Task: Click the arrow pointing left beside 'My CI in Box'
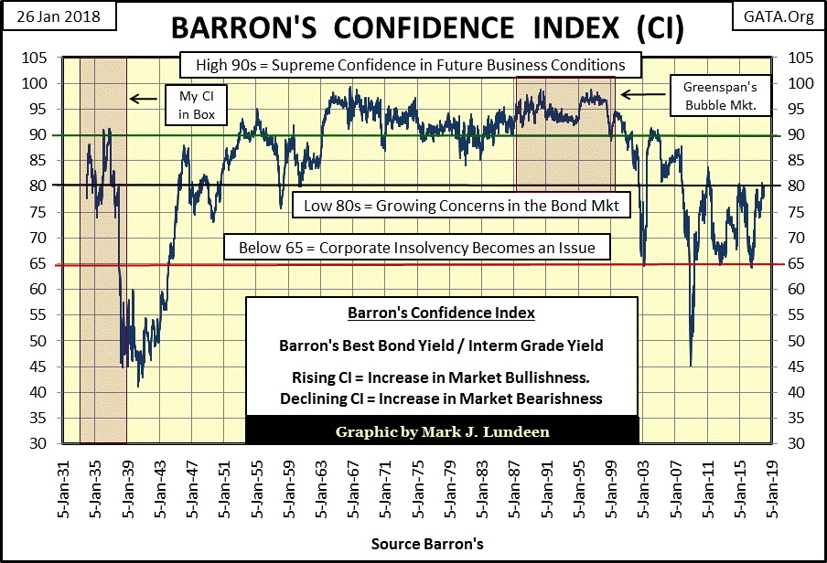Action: (141, 98)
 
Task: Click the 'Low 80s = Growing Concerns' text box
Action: (461, 207)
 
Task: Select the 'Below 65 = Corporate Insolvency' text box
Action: (416, 248)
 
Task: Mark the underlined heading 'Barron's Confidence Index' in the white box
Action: (441, 313)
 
